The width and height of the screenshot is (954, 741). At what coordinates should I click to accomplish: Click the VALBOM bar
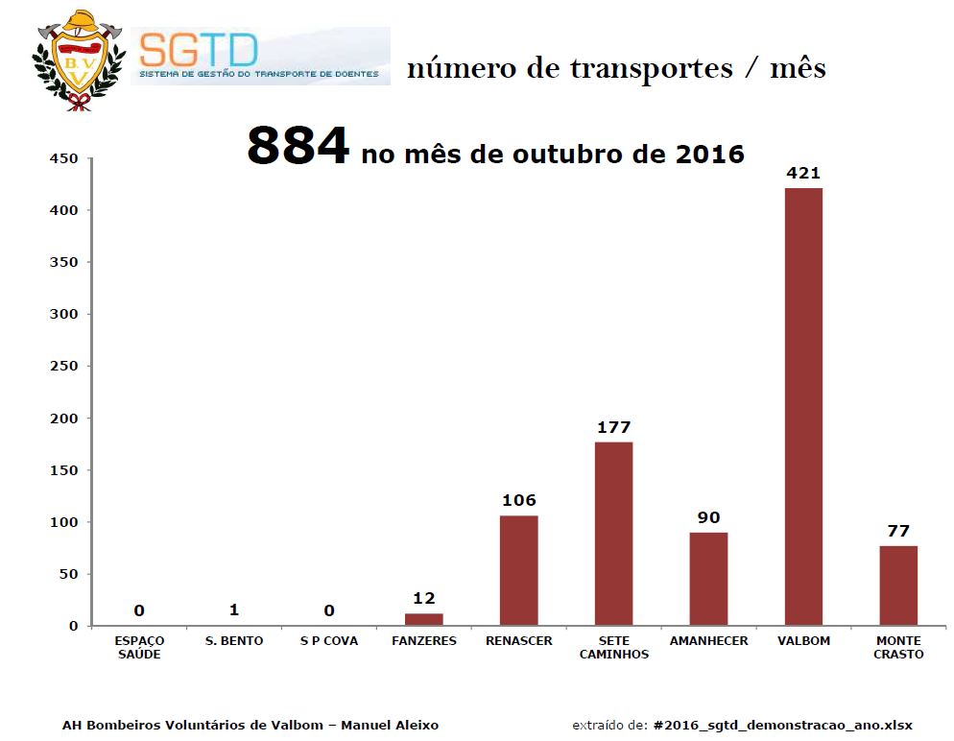click(803, 407)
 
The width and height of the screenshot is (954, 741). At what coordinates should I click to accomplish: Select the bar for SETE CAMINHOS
click(613, 534)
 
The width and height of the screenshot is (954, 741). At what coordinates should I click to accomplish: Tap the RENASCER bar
click(518, 570)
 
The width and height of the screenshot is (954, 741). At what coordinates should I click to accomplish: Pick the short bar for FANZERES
click(423, 620)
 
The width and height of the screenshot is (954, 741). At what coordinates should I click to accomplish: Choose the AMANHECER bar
click(708, 579)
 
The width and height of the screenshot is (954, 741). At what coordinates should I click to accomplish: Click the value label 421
click(803, 173)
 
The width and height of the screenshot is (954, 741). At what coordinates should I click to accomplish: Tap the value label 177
click(613, 427)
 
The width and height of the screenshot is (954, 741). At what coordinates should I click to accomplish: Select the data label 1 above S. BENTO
click(233, 610)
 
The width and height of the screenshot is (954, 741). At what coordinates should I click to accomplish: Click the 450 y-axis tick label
click(64, 158)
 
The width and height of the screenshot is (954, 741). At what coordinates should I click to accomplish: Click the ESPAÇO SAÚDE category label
click(139, 647)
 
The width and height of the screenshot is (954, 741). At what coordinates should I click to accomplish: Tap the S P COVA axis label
click(328, 640)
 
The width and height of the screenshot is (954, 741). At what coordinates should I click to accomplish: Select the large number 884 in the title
click(298, 147)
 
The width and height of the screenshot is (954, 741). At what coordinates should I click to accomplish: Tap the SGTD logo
click(260, 56)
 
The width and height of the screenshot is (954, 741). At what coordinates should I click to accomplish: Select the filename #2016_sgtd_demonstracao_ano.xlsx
click(782, 725)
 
